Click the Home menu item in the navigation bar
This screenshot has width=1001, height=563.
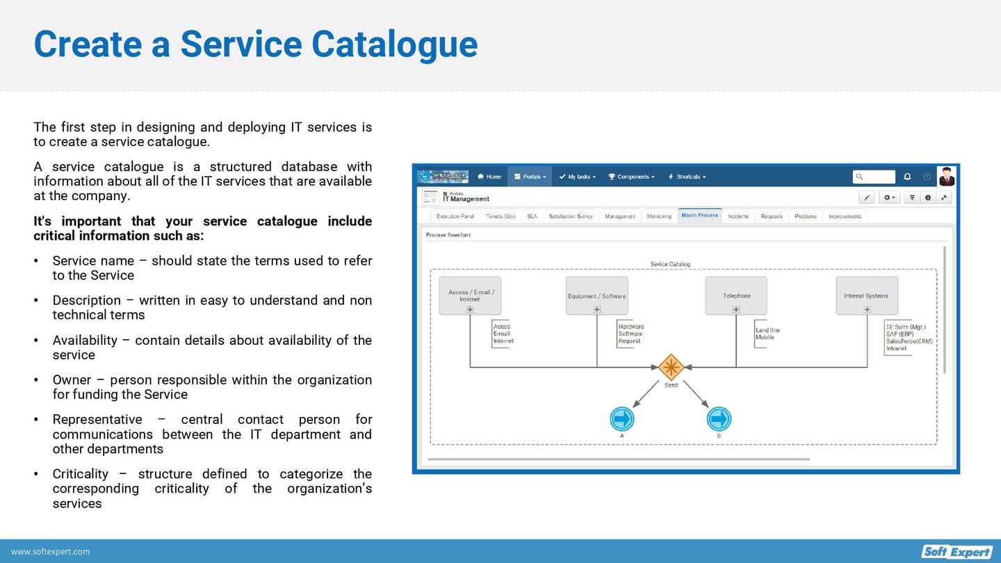[489, 177]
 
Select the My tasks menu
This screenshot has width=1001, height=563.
[578, 177]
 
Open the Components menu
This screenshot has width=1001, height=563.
[632, 177]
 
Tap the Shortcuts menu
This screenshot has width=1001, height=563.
[687, 177]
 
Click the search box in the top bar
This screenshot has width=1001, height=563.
[874, 177]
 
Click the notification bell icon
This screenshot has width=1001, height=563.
[907, 177]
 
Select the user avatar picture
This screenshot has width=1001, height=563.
[947, 177]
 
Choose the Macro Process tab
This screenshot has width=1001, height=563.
[699, 215]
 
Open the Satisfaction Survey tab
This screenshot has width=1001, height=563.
[571, 216]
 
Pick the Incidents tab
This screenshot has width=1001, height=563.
[738, 216]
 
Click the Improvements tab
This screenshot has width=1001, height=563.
[845, 216]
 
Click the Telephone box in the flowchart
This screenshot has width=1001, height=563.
[736, 295]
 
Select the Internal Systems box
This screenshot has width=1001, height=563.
[866, 295]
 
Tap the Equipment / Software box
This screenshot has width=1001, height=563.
[596, 295]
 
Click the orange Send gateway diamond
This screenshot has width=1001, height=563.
[671, 366]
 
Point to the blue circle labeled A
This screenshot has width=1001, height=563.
[622, 419]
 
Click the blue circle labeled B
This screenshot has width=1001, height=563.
[719, 419]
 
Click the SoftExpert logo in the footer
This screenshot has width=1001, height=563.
[957, 551]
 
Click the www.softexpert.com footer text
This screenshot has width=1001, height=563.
[51, 551]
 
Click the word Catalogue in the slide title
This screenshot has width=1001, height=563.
[394, 44]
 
